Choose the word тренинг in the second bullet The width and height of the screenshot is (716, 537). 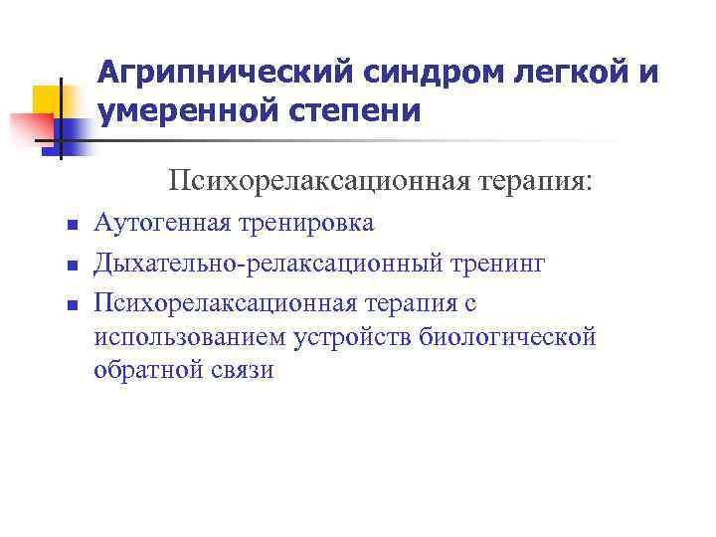(497, 264)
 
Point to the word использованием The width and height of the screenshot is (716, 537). (191, 336)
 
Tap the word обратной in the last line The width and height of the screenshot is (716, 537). (146, 371)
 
